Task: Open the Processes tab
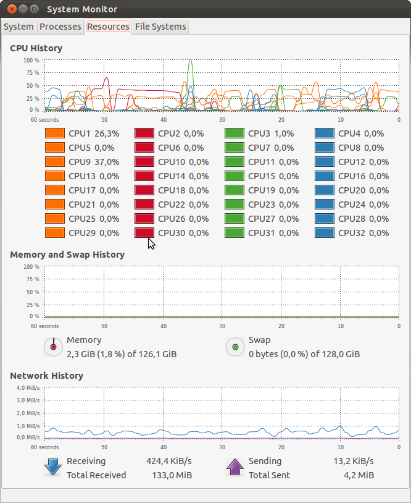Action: pos(60,27)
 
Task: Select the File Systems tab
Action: pos(160,27)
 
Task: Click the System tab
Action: pos(19,27)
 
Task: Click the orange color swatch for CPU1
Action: pos(55,133)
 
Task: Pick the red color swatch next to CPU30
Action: pos(144,233)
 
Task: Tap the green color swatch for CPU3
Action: pos(235,133)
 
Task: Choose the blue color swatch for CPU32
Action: pos(325,233)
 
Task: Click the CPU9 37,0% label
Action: pos(94,162)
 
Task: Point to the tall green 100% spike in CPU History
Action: pos(191,62)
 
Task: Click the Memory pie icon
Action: pos(54,347)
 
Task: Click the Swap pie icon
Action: pos(235,347)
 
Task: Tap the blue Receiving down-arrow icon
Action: pos(54,467)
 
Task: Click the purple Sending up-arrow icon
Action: pos(235,467)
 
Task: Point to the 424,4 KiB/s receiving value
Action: pos(168,461)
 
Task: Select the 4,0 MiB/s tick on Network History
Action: pos(28,388)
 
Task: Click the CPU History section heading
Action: pos(36,48)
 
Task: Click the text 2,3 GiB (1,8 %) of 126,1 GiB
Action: pos(122,354)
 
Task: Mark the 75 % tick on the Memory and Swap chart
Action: pos(31,279)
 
